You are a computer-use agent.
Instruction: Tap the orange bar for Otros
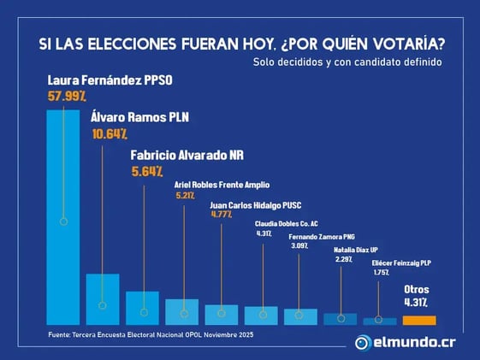tap(419, 320)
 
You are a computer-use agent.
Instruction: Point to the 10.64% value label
tap(109, 133)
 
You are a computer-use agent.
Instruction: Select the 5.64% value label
tap(147, 171)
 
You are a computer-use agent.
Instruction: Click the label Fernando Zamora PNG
tap(322, 236)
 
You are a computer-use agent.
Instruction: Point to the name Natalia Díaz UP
tap(356, 250)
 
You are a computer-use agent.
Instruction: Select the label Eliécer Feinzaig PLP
tap(402, 263)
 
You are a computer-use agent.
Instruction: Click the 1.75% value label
tap(381, 273)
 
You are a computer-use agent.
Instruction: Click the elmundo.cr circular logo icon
tap(364, 343)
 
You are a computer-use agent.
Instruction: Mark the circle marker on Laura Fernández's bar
tap(63, 221)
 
